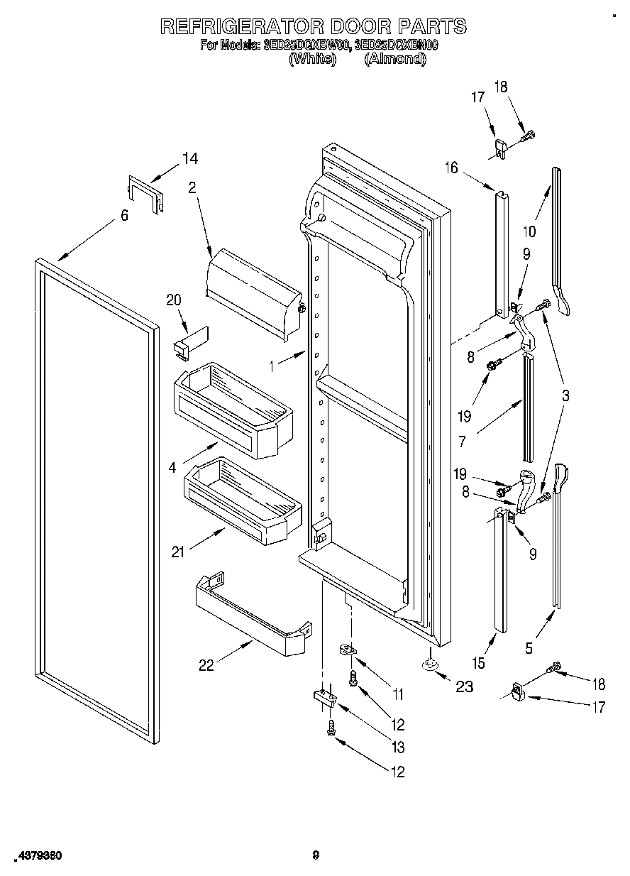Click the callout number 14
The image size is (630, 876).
(x=189, y=159)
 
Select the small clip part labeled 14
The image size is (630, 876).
(x=146, y=192)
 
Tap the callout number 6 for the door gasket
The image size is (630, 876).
(x=124, y=215)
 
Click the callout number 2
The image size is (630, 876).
(x=192, y=188)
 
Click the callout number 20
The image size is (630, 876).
(x=174, y=301)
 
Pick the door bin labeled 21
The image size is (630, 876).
(x=243, y=497)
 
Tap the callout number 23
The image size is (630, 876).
(x=465, y=686)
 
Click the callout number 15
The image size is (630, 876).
(x=480, y=662)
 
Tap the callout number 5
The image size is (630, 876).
(x=529, y=647)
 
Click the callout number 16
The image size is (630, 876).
(x=451, y=168)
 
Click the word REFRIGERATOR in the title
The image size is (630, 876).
(x=241, y=27)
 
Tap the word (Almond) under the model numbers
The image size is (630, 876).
(x=394, y=60)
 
